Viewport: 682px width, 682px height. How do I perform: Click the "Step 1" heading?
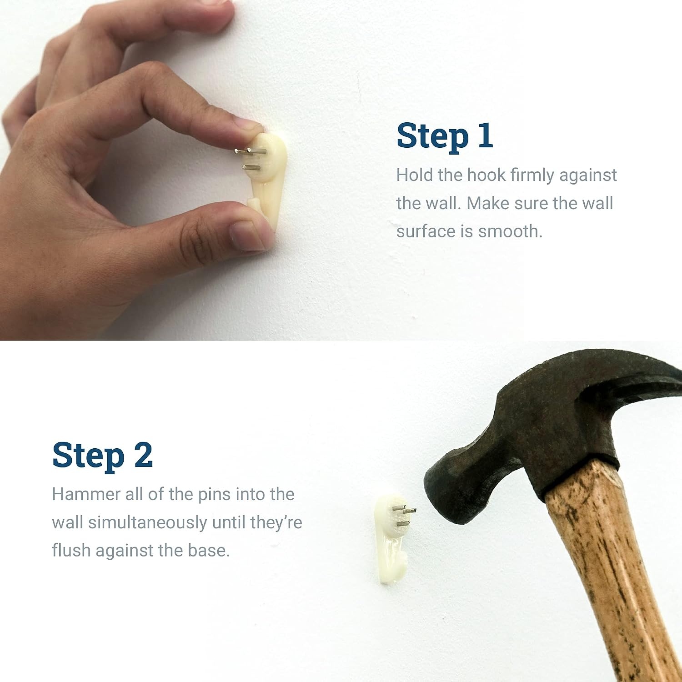pyautogui.click(x=445, y=135)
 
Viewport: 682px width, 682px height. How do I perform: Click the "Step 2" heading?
pyautogui.click(x=102, y=455)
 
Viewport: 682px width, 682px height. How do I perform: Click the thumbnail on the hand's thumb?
pyautogui.click(x=247, y=236)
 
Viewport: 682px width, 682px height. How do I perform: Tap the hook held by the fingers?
pyautogui.click(x=268, y=180)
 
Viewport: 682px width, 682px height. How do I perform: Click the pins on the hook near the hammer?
pyautogui.click(x=405, y=517)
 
